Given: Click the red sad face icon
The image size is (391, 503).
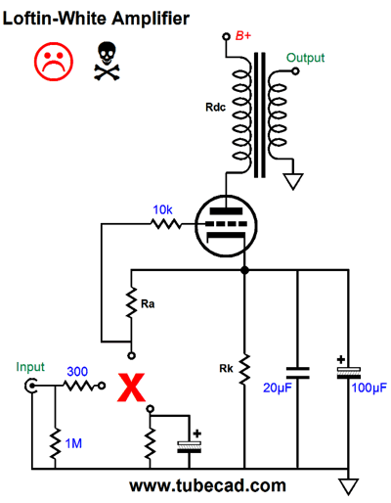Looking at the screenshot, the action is (x=54, y=62).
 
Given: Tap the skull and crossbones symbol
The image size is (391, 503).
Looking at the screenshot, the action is (x=107, y=61).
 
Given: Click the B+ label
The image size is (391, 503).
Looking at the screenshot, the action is (x=243, y=35).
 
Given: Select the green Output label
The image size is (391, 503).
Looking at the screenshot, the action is (x=305, y=58).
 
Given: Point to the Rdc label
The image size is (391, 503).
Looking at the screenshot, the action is (x=215, y=107).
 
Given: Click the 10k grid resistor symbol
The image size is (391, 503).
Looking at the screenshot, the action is (x=166, y=224).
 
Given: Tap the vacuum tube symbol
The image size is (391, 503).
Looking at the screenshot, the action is (x=226, y=226).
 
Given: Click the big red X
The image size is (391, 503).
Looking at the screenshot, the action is (x=131, y=388).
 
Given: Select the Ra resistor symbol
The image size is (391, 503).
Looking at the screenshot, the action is (x=131, y=302).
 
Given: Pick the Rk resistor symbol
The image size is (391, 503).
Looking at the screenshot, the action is (x=244, y=369).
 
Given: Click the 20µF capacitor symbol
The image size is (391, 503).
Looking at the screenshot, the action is (x=297, y=373).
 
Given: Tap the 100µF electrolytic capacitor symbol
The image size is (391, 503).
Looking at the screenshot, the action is (x=349, y=373).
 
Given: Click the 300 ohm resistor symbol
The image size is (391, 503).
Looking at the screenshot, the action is (x=80, y=387).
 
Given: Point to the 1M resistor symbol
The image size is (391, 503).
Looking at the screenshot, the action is (x=55, y=443).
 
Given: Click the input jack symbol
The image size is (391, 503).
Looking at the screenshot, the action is (x=30, y=387).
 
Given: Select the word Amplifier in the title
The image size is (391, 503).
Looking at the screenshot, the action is (x=151, y=18).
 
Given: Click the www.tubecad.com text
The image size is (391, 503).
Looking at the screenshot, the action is (x=207, y=485).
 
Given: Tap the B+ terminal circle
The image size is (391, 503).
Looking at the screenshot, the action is (x=226, y=36).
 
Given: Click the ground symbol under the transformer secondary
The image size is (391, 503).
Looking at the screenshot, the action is (x=293, y=181).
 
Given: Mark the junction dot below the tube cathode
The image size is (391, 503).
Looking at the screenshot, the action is (x=244, y=270).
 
